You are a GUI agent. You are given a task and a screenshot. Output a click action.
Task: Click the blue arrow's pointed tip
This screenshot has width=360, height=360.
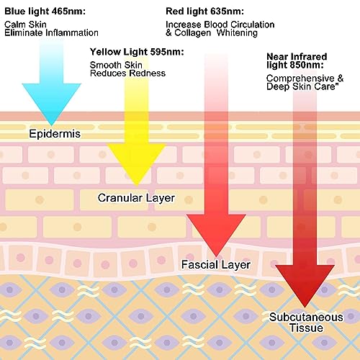(x=51, y=125)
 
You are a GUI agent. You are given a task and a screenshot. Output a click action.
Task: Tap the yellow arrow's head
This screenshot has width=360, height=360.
(x=137, y=163)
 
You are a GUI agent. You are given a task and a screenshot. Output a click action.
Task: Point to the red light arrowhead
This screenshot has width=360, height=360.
(x=216, y=234)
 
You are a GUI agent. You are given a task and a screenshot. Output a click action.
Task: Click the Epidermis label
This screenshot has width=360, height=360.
(x=55, y=134)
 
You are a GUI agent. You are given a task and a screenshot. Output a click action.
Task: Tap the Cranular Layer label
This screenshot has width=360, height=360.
(x=136, y=198)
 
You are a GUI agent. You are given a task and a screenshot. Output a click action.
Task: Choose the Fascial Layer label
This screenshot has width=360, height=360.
(x=216, y=265)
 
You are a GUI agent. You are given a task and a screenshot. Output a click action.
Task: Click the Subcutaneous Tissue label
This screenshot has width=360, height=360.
(x=306, y=323)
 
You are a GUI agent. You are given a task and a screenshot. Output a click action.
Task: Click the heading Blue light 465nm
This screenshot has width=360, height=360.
(x=45, y=12)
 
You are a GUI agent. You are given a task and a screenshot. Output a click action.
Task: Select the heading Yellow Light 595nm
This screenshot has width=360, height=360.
(x=137, y=52)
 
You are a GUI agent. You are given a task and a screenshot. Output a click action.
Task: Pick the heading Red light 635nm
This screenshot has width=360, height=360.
(x=204, y=12)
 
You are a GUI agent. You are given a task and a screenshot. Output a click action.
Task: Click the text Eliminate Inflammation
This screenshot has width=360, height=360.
(x=51, y=33)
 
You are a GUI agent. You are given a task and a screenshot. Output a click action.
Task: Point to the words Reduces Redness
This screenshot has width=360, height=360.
(x=127, y=73)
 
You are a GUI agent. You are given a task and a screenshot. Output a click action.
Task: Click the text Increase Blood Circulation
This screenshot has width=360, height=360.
(x=220, y=24)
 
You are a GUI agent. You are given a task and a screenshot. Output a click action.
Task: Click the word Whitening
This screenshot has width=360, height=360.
(x=237, y=33)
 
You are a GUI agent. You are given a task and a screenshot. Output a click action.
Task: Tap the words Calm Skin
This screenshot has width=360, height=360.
(x=25, y=24)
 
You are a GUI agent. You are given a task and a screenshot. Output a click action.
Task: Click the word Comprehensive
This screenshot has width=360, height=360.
(x=300, y=78)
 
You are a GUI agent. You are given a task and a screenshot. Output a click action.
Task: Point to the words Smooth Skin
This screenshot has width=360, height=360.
(x=116, y=65)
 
